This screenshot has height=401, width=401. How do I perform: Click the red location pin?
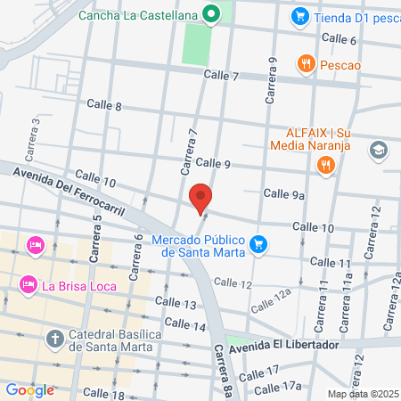tap(201, 197)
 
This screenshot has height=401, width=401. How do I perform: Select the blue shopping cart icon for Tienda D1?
tap(300, 15)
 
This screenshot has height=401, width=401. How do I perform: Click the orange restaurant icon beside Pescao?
tap(307, 62)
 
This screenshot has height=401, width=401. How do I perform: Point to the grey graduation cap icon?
tap(379, 149)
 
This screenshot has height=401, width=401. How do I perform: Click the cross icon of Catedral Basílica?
tap(55, 339)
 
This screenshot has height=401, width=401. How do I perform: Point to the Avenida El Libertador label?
tap(284, 345)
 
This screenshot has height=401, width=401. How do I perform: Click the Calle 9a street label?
tap(285, 194)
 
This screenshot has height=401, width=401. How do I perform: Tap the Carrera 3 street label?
tap(37, 131)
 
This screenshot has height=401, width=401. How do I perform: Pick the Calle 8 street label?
tap(105, 106)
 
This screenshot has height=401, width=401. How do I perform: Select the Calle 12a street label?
tap(271, 300)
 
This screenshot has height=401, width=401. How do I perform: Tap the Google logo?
tap(29, 389)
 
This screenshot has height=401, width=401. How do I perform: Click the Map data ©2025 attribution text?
tap(363, 394)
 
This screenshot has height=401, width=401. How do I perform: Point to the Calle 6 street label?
tap(339, 39)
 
